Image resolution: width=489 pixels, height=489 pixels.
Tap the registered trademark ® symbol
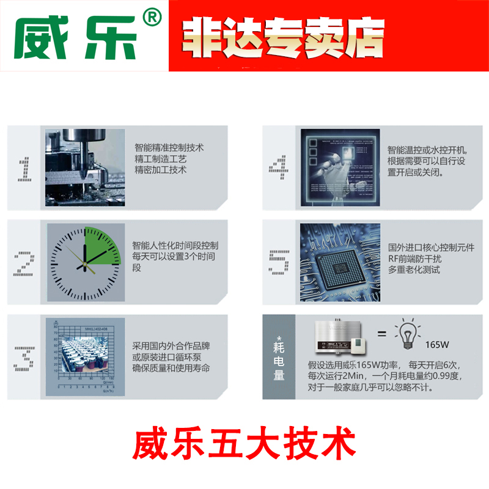[x=151, y=19]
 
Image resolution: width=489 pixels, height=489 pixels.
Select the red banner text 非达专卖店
[x=284, y=37]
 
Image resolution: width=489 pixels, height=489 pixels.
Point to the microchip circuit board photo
[x=339, y=262]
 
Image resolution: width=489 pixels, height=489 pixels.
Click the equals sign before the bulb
[x=381, y=334]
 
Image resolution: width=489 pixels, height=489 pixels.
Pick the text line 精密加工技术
[x=161, y=169]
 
